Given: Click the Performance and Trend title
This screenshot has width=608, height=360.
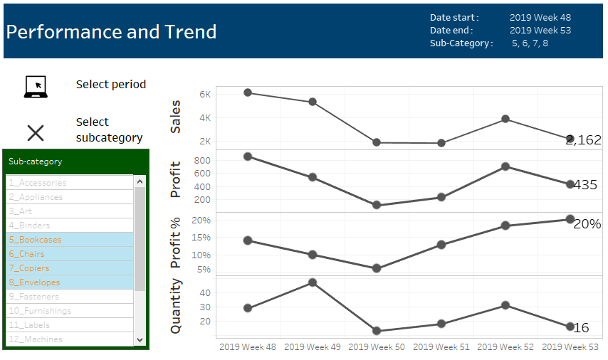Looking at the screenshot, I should click(112, 32).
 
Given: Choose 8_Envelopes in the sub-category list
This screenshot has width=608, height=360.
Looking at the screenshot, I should click(39, 282).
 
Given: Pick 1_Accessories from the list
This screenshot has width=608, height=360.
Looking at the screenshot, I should click(43, 183).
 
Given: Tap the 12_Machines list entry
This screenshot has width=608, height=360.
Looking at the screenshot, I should click(41, 339).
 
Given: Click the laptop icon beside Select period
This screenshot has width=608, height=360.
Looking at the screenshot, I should click(36, 86).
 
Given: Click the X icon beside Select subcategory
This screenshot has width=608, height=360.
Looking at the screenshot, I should click(36, 132).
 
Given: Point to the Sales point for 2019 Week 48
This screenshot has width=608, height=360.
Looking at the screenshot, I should click(248, 92).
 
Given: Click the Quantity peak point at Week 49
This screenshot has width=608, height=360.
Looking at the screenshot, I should click(313, 282).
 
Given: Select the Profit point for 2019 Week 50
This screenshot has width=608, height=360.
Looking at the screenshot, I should click(377, 206).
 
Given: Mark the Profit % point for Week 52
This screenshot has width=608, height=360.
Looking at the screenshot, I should click(505, 226).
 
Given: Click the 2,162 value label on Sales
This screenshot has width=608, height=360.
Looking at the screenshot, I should click(583, 140).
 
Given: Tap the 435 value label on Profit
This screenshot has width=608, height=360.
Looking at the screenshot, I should click(585, 185).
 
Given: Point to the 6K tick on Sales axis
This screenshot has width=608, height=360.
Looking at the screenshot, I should click(205, 94).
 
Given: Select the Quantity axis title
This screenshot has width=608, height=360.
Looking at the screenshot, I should click(176, 307).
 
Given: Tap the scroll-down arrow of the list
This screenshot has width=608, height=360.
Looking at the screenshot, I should click(140, 340).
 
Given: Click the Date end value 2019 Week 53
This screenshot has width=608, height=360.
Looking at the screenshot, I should click(540, 31).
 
